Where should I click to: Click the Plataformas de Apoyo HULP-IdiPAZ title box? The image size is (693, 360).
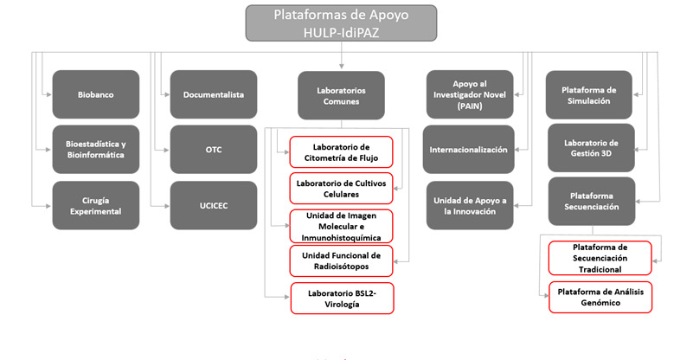pyautogui.click(x=341, y=23)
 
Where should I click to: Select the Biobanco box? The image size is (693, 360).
pyautogui.click(x=95, y=94)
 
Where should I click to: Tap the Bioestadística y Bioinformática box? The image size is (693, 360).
pyautogui.click(x=95, y=150)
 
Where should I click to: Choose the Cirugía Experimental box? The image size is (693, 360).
pyautogui.click(x=95, y=205)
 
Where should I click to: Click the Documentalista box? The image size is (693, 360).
pyautogui.click(x=214, y=94)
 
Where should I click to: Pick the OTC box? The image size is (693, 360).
pyautogui.click(x=214, y=150)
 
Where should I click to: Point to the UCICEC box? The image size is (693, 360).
pyautogui.click(x=214, y=205)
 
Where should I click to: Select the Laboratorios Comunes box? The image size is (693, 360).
pyautogui.click(x=341, y=94)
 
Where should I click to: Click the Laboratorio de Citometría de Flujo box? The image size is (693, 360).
pyautogui.click(x=341, y=152)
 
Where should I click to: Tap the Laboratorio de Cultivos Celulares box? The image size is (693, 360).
pyautogui.click(x=341, y=189)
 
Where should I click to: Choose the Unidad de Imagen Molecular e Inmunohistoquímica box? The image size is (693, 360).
pyautogui.click(x=341, y=226)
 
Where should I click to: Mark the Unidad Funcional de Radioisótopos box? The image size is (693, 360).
pyautogui.click(x=341, y=260)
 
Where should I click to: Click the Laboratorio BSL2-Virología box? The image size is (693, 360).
pyautogui.click(x=341, y=299)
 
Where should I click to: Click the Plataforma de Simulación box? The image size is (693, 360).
pyautogui.click(x=592, y=94)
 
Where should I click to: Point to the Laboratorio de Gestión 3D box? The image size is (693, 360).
pyautogui.click(x=592, y=148)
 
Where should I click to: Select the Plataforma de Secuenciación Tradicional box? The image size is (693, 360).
pyautogui.click(x=600, y=258)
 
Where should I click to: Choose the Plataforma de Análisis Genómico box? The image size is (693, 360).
pyautogui.click(x=600, y=297)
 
